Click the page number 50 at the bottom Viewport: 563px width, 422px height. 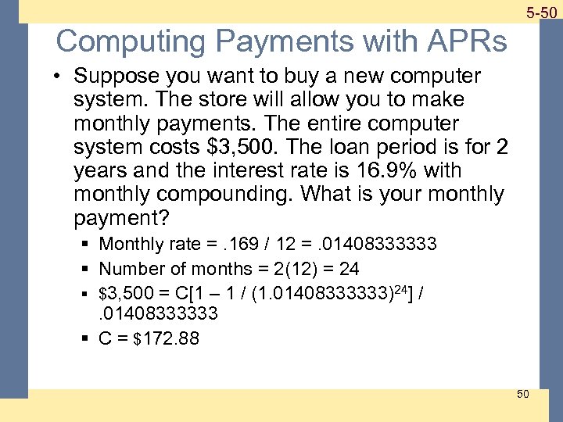[x=523, y=393]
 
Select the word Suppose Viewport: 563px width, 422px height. [x=113, y=77]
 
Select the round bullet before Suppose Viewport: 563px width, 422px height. [x=59, y=77]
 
